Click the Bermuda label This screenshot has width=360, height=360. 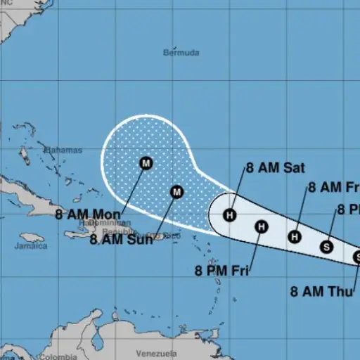[181, 53]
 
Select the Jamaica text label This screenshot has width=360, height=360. [33, 246]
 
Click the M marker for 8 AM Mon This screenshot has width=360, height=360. [146, 163]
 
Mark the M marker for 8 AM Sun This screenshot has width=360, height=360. [176, 191]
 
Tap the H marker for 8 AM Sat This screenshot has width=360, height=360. [230, 215]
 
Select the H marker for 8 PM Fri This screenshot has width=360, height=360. [261, 226]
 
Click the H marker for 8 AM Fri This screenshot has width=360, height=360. [295, 237]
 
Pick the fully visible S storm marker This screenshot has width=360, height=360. [326, 246]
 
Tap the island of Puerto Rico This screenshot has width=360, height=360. [159, 237]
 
